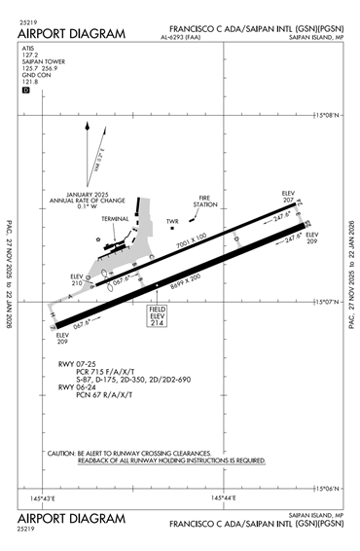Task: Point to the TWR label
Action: coord(173,220)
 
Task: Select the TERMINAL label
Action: coord(116,218)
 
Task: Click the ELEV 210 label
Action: coord(78,279)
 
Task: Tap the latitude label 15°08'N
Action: coord(332,115)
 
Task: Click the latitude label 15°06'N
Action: coord(332,487)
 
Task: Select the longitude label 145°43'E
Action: coord(43,498)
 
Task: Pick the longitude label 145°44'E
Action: coord(224,498)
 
